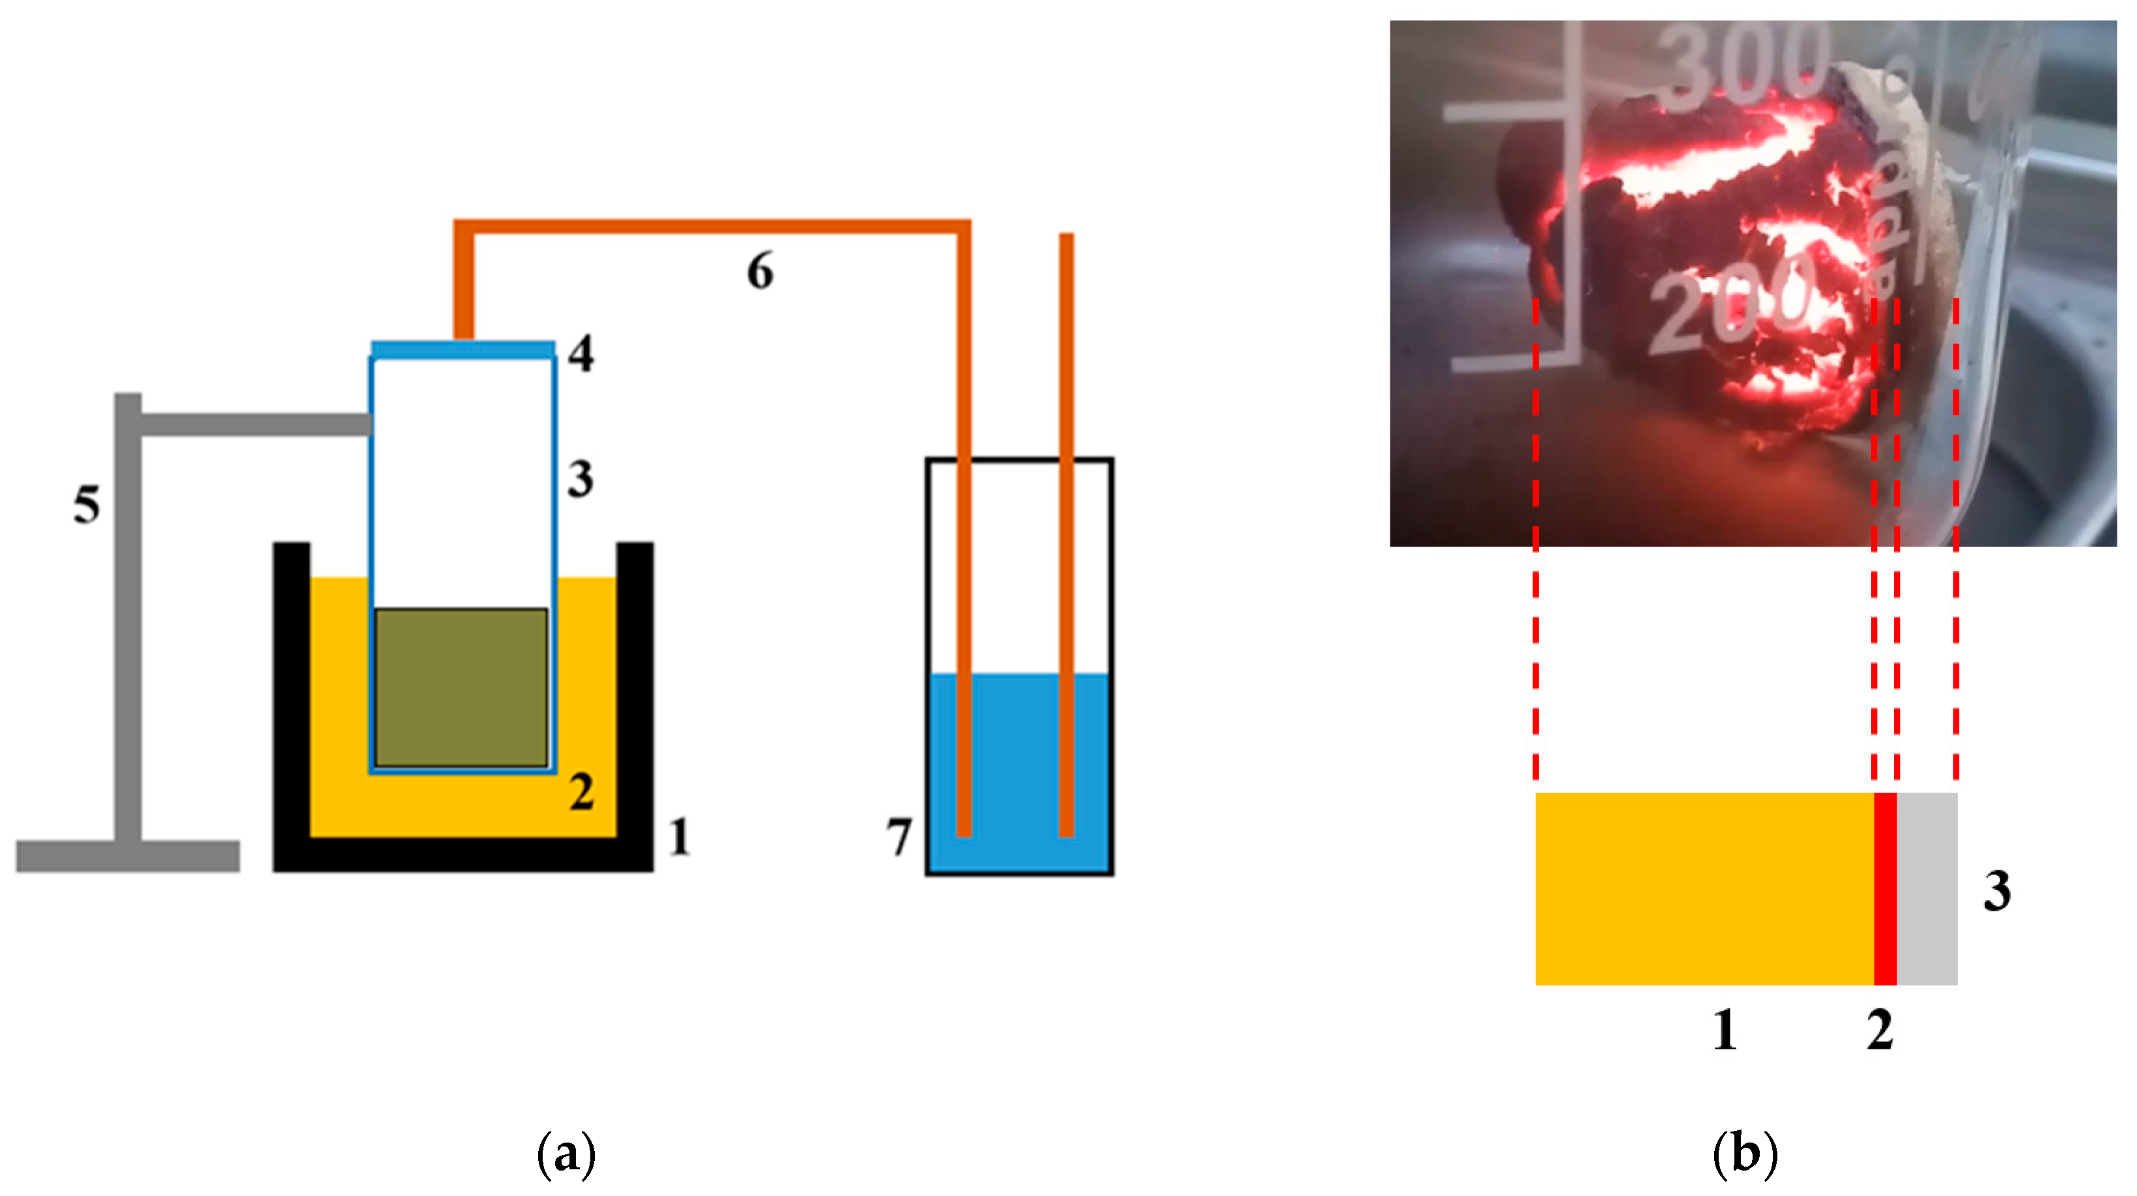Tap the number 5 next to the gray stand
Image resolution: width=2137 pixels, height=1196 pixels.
86,504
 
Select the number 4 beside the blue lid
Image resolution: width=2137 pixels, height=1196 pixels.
581,354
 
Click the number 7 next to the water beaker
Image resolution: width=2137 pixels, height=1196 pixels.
899,837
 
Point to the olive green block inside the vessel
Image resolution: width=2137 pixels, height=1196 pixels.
461,688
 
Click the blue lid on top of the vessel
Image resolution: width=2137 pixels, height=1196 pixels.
463,349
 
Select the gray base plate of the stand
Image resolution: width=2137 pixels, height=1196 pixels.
128,856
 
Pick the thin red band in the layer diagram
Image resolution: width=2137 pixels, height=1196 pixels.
1885,889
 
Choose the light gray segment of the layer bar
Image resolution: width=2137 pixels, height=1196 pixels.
1927,889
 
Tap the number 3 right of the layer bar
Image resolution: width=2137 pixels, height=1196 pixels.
1997,892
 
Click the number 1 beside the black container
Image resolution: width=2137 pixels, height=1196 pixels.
680,837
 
